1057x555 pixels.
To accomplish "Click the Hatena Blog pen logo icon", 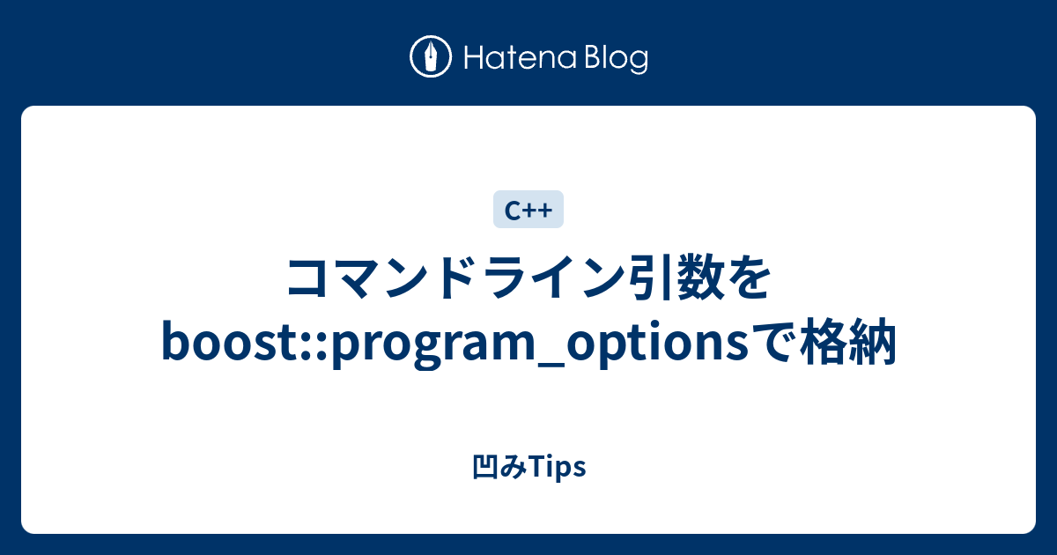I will coord(431,58).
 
